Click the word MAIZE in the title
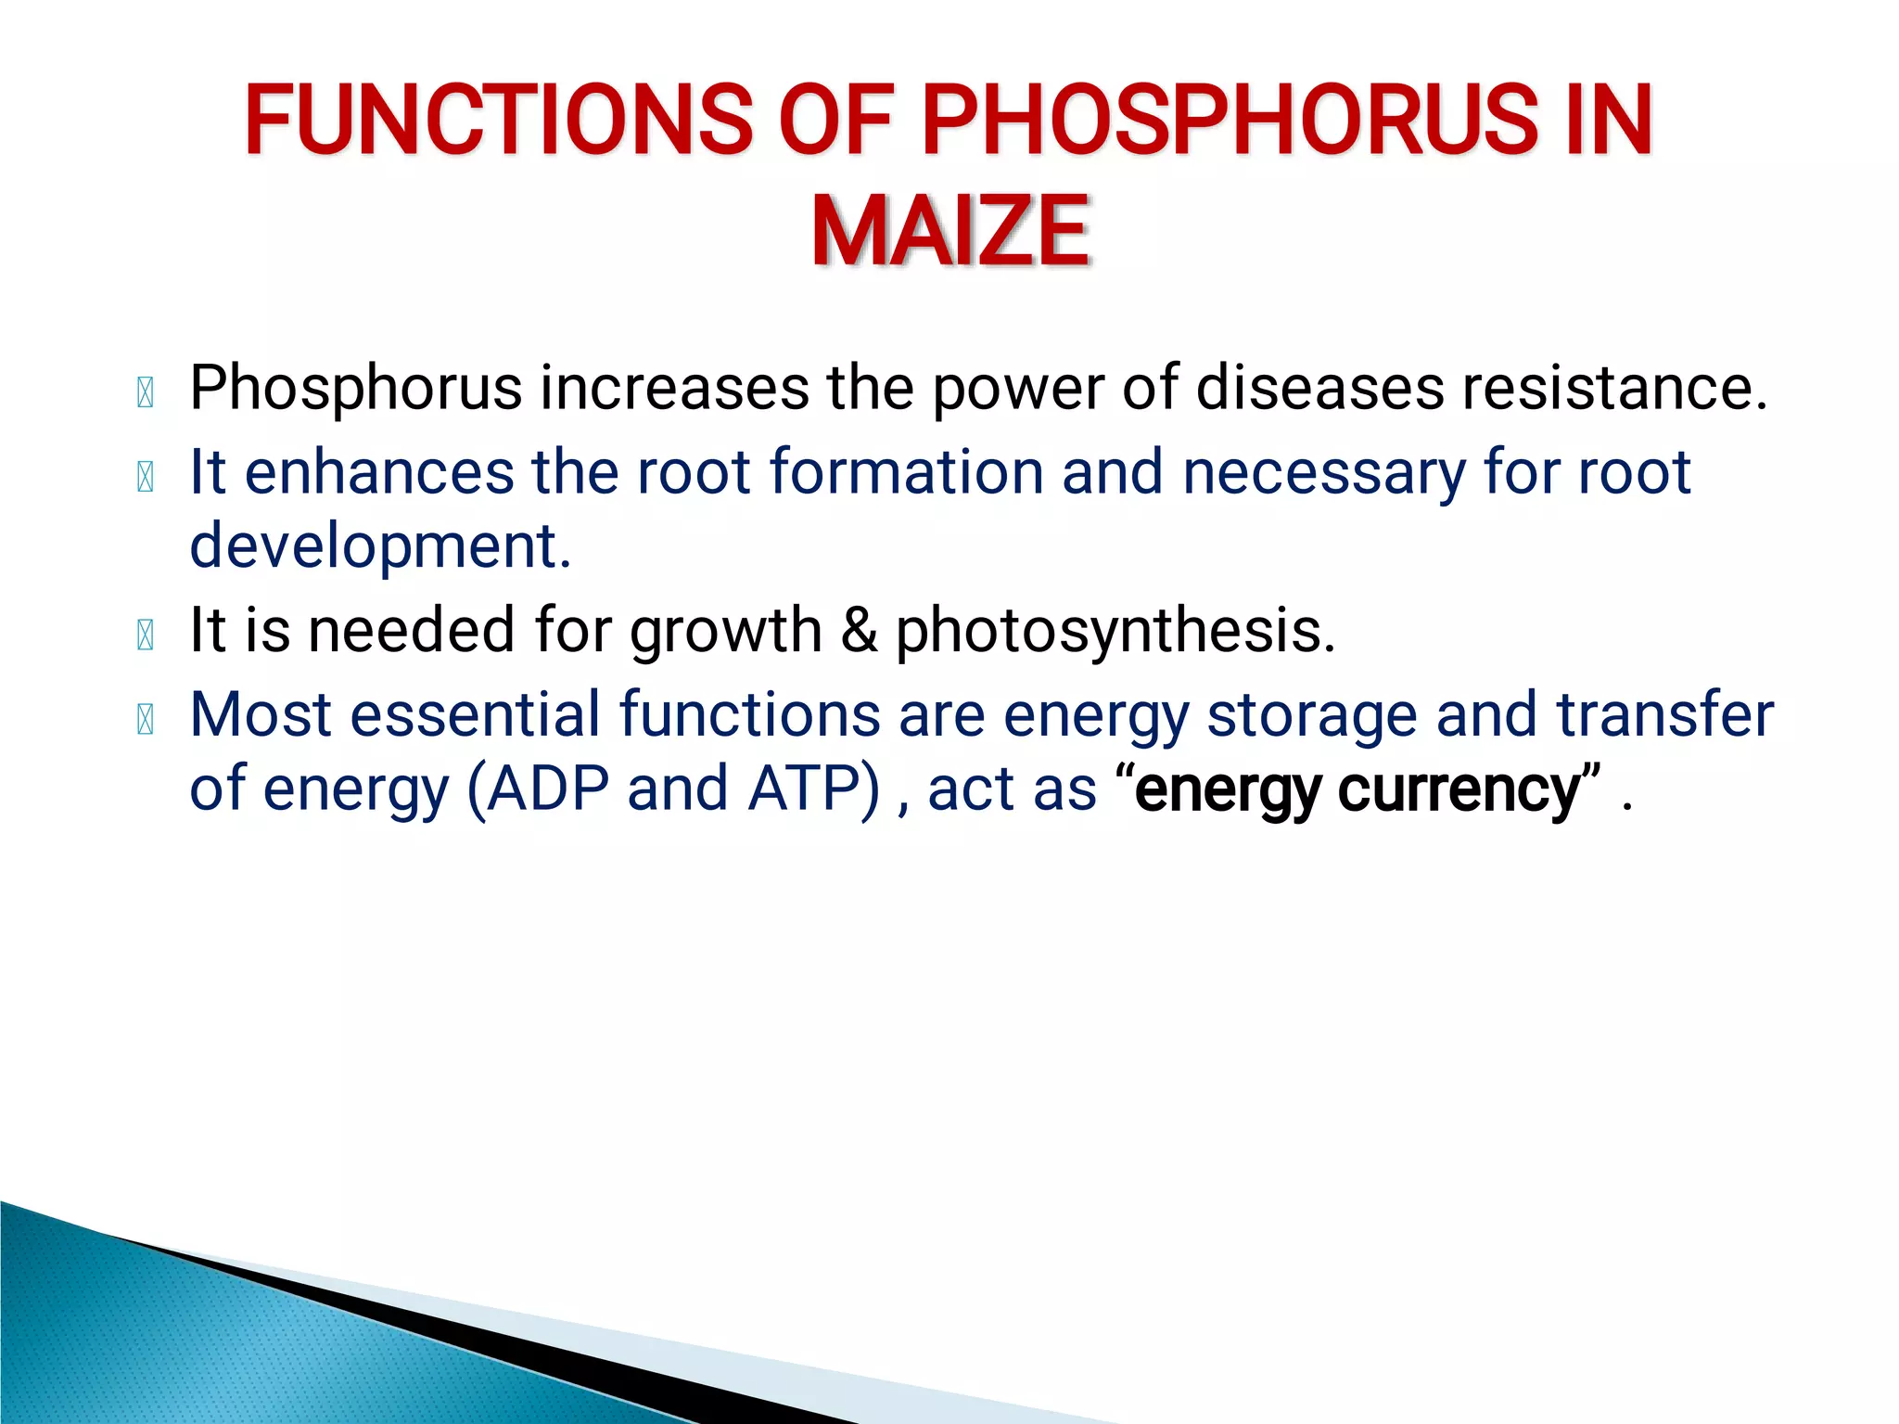[x=950, y=231]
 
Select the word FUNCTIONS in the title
[x=499, y=120]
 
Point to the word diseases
[x=1319, y=387]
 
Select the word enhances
[x=378, y=471]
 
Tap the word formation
[x=906, y=471]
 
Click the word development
[x=380, y=546]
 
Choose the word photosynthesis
[x=1115, y=631]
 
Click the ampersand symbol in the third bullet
[x=859, y=630]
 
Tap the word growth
[x=725, y=631]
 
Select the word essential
[x=475, y=714]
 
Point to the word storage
[x=1311, y=716]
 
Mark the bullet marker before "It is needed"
[x=146, y=635]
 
